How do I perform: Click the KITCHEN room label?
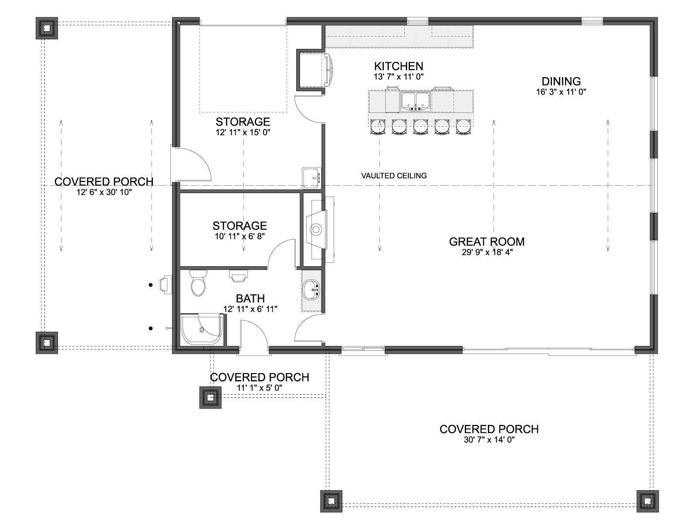pyautogui.click(x=399, y=66)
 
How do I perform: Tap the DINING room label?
pyautogui.click(x=561, y=82)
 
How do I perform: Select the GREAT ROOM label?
pyautogui.click(x=487, y=241)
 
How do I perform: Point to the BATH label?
pyautogui.click(x=250, y=299)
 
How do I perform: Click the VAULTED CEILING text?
pyautogui.click(x=394, y=176)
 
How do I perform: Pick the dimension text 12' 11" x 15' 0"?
pyautogui.click(x=243, y=132)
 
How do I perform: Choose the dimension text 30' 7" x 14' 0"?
pyautogui.click(x=489, y=440)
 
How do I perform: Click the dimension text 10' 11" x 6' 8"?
pyautogui.click(x=240, y=236)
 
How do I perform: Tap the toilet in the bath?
pyautogui.click(x=199, y=282)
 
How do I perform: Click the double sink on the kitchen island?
pyautogui.click(x=415, y=101)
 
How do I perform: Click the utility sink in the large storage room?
pyautogui.click(x=311, y=178)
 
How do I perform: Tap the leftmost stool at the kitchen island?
pyautogui.click(x=378, y=127)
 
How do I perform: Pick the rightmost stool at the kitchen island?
pyautogui.click(x=464, y=127)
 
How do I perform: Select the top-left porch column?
pyautogui.click(x=47, y=28)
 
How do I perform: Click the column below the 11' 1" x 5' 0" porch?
pyautogui.click(x=210, y=397)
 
